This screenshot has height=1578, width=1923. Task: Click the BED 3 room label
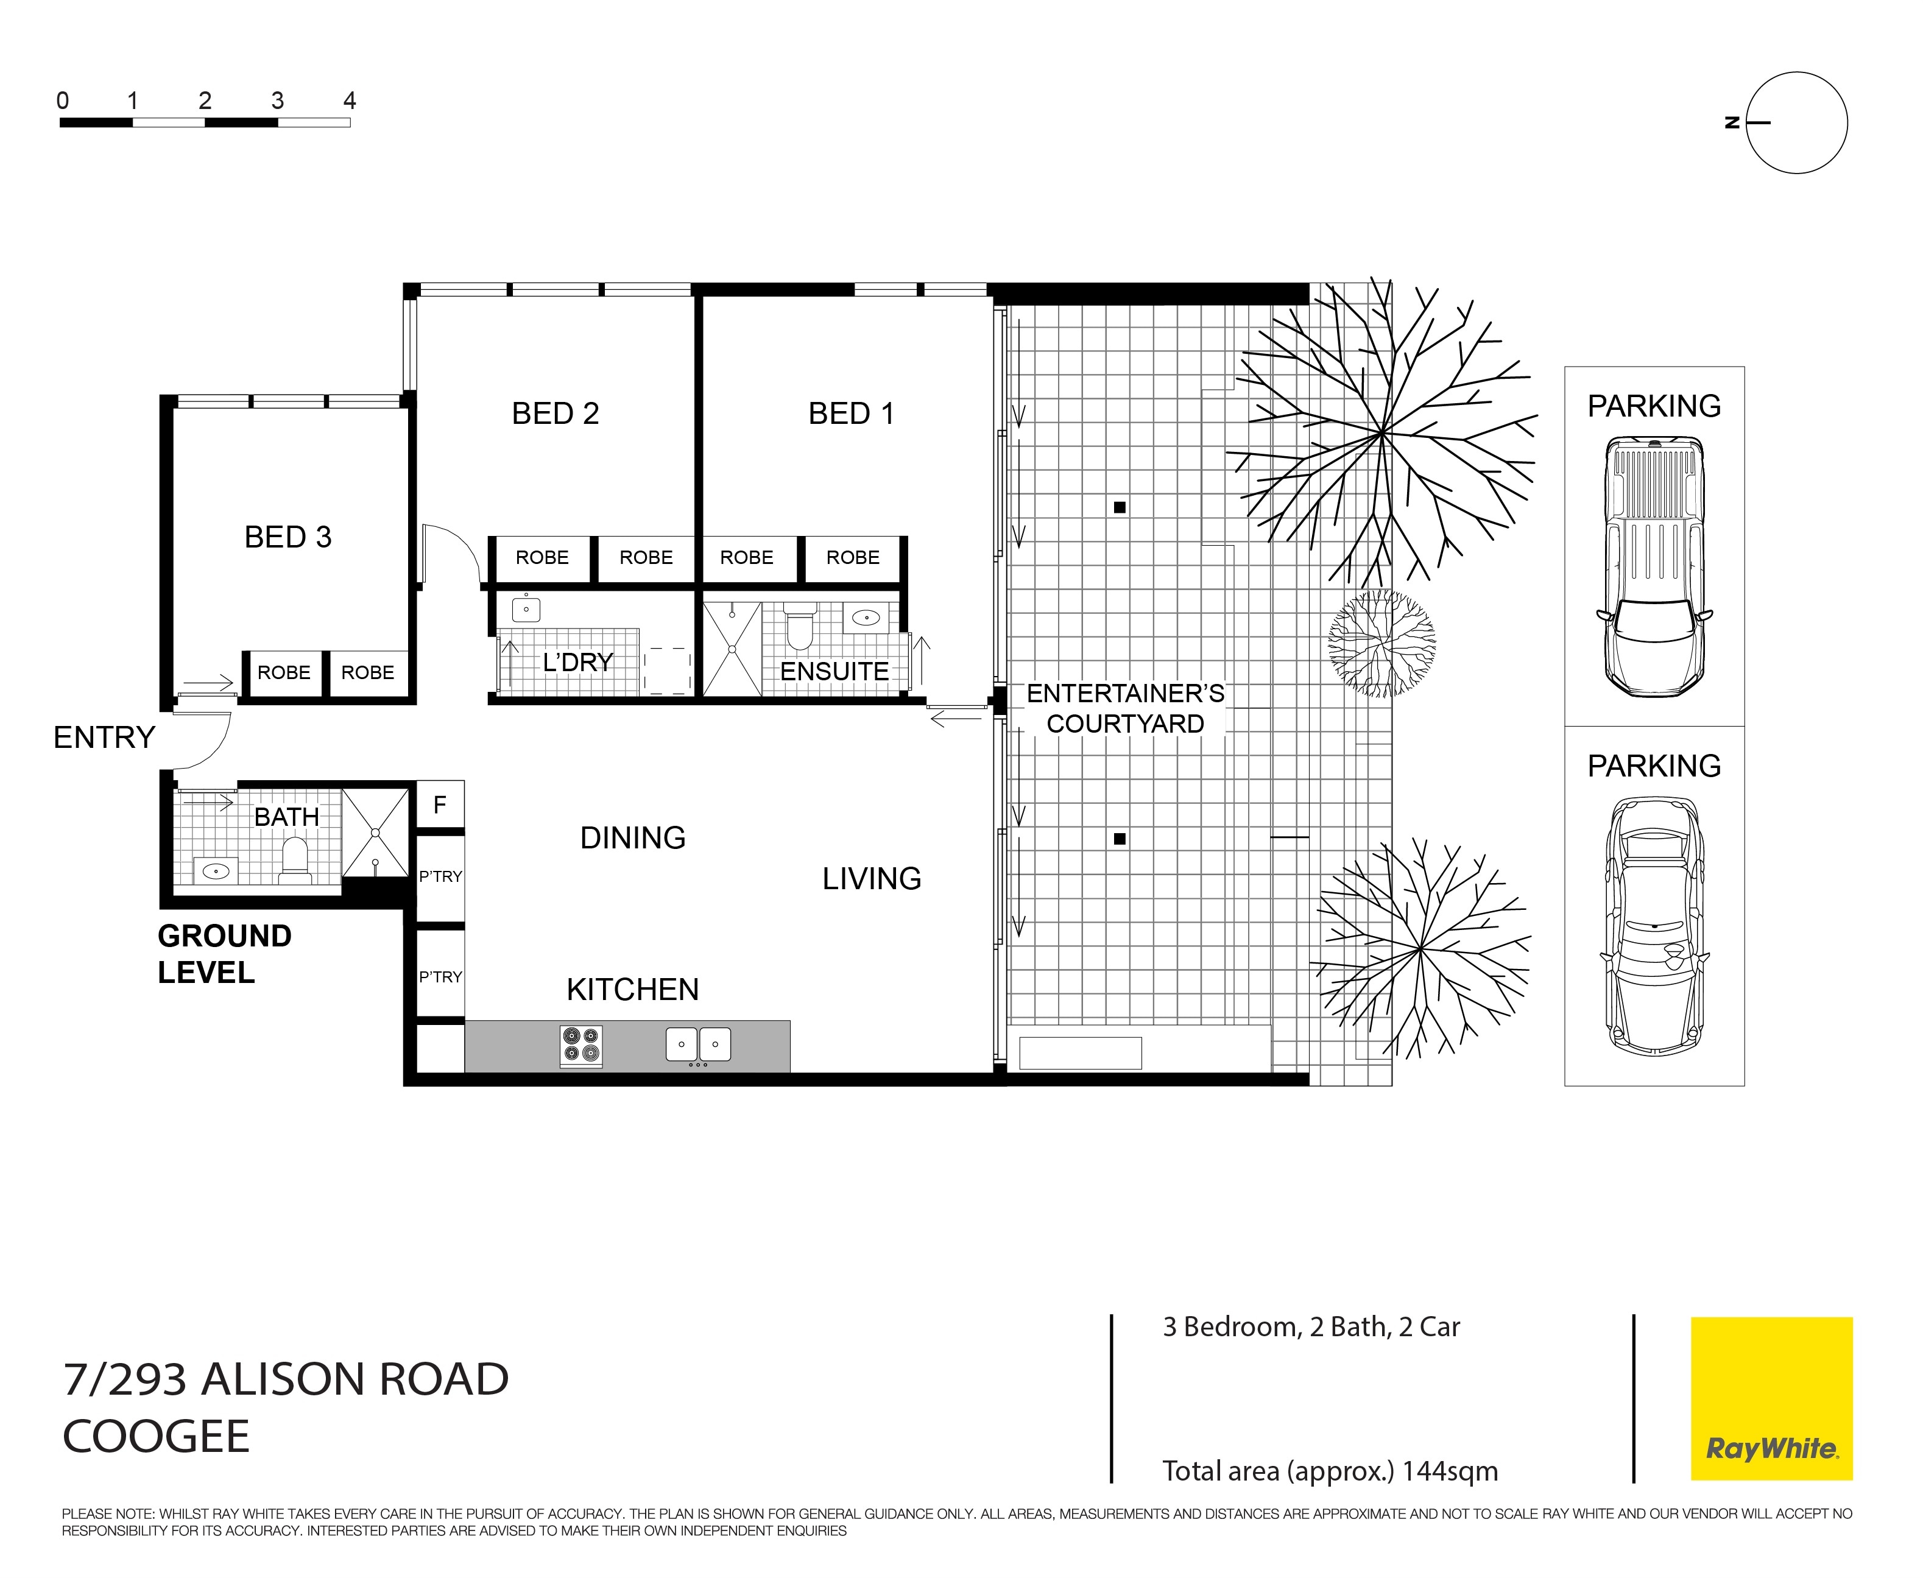[288, 537]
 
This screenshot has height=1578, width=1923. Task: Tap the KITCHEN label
[633, 989]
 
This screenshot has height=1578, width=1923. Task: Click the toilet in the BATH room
[295, 860]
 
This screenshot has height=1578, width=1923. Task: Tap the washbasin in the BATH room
[216, 871]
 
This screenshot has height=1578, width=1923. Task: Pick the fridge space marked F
[440, 805]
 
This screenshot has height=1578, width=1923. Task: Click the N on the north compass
[1732, 122]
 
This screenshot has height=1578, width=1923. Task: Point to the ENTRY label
[105, 737]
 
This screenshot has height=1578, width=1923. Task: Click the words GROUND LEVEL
[225, 954]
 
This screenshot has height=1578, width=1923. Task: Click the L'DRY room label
[578, 663]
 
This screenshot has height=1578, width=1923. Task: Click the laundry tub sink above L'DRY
[526, 608]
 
